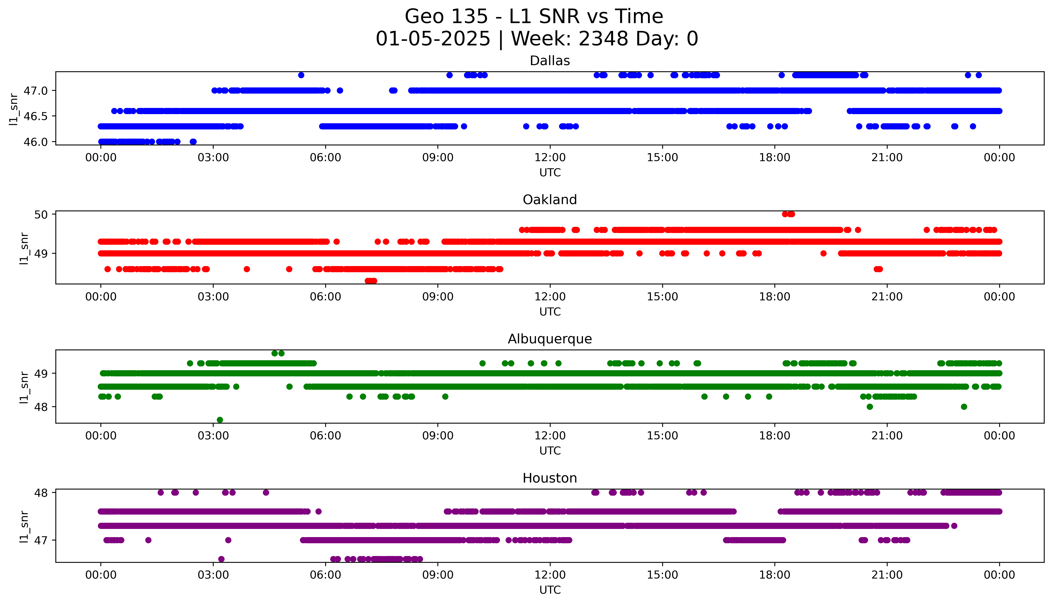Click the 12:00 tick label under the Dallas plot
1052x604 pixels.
click(550, 158)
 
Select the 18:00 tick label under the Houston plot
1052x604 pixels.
click(774, 575)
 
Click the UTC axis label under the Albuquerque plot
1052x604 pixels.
click(550, 450)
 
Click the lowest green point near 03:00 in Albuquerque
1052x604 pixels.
click(220, 420)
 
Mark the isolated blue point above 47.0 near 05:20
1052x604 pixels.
click(301, 75)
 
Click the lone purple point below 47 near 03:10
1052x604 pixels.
click(221, 559)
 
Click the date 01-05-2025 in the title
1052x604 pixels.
click(433, 39)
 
